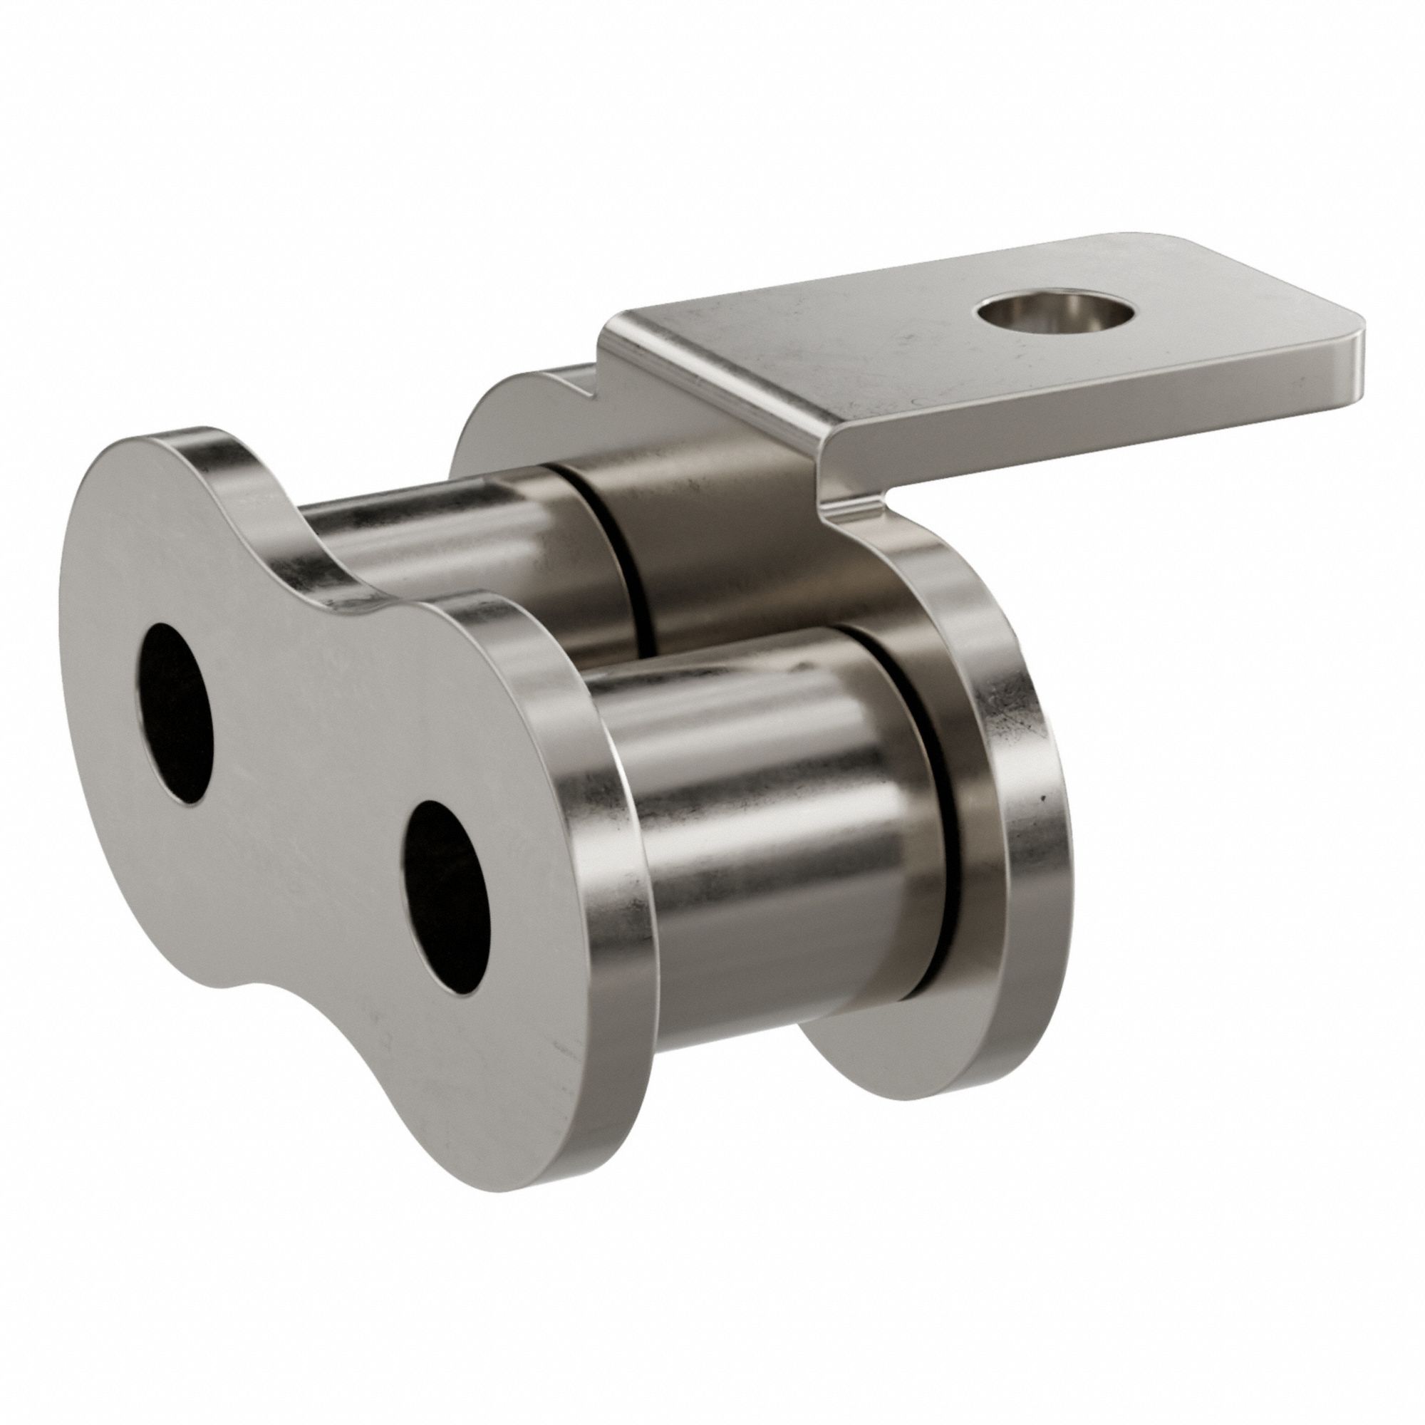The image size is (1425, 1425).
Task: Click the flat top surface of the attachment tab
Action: coord(885,354)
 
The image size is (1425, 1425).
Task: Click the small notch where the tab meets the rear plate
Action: coord(583,387)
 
